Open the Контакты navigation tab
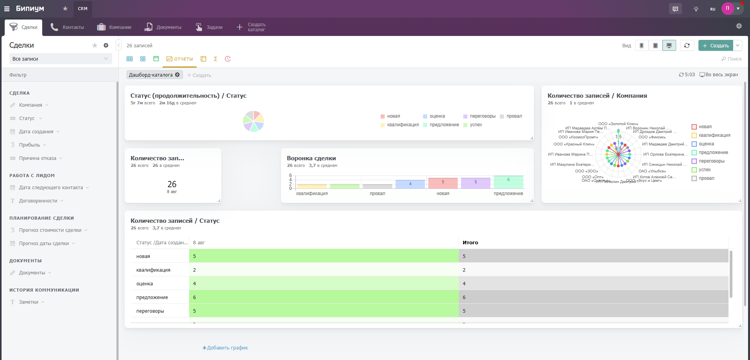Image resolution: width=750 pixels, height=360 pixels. pos(67,27)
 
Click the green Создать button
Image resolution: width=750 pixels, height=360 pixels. pos(716,46)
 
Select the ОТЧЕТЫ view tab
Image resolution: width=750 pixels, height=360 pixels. pos(180,59)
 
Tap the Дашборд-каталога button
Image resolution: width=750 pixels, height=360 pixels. pos(154,75)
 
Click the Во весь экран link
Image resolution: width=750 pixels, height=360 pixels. pos(719,75)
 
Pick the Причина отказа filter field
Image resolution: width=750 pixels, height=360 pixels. pos(38,158)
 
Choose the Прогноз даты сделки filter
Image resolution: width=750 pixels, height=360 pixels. pos(44,244)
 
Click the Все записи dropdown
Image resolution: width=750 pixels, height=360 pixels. pos(60,59)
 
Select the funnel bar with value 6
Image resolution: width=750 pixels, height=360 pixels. pos(508,182)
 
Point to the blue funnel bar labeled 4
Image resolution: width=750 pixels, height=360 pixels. pos(410,184)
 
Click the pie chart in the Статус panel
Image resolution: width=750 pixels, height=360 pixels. pos(253,121)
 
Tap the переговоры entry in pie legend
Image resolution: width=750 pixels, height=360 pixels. pos(482,116)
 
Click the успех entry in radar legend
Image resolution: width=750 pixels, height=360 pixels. pos(705,170)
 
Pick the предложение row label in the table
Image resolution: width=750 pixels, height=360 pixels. pos(152,297)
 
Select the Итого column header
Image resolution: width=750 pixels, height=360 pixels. pos(470,243)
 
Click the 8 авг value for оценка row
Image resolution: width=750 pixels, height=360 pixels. pos(323,284)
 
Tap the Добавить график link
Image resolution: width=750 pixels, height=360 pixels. pos(225,348)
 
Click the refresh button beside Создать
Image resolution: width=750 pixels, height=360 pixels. pos(687,46)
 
